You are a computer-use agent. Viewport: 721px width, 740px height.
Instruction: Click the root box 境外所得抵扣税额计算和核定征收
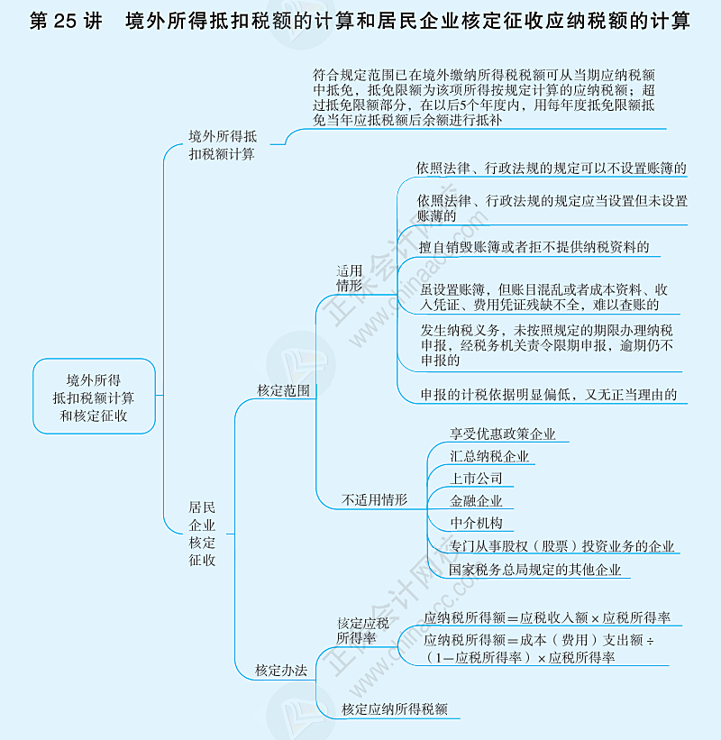point(94,397)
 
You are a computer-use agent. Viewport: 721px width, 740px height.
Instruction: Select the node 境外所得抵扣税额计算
point(222,145)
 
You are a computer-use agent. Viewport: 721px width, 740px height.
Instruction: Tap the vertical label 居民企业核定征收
point(202,534)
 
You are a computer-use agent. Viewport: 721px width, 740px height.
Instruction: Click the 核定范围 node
point(283,390)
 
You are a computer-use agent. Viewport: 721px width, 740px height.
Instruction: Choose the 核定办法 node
point(281,670)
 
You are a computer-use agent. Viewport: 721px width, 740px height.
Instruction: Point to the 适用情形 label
point(350,278)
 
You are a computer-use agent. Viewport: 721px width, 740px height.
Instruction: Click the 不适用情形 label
point(374,499)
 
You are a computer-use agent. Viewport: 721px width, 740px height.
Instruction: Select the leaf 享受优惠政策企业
point(503,434)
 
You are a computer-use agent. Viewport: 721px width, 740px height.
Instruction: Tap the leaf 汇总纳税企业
point(489,457)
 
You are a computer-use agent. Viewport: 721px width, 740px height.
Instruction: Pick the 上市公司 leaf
point(476,479)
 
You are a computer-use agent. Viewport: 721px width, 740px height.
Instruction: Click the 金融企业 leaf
point(476,501)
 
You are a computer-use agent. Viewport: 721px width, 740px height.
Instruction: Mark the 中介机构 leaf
point(476,524)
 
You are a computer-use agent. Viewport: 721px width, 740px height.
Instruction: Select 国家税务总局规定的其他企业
point(535,570)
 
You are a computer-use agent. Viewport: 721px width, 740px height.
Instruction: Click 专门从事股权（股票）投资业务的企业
point(561,546)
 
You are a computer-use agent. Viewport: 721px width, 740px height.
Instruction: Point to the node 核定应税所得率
point(363,630)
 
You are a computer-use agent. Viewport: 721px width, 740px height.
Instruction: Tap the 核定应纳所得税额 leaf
point(395,708)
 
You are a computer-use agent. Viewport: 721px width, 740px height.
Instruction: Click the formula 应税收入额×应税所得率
point(547,617)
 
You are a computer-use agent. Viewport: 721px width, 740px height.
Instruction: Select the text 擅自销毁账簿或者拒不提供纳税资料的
point(534,246)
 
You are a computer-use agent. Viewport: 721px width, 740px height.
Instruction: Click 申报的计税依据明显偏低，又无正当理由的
point(548,395)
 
